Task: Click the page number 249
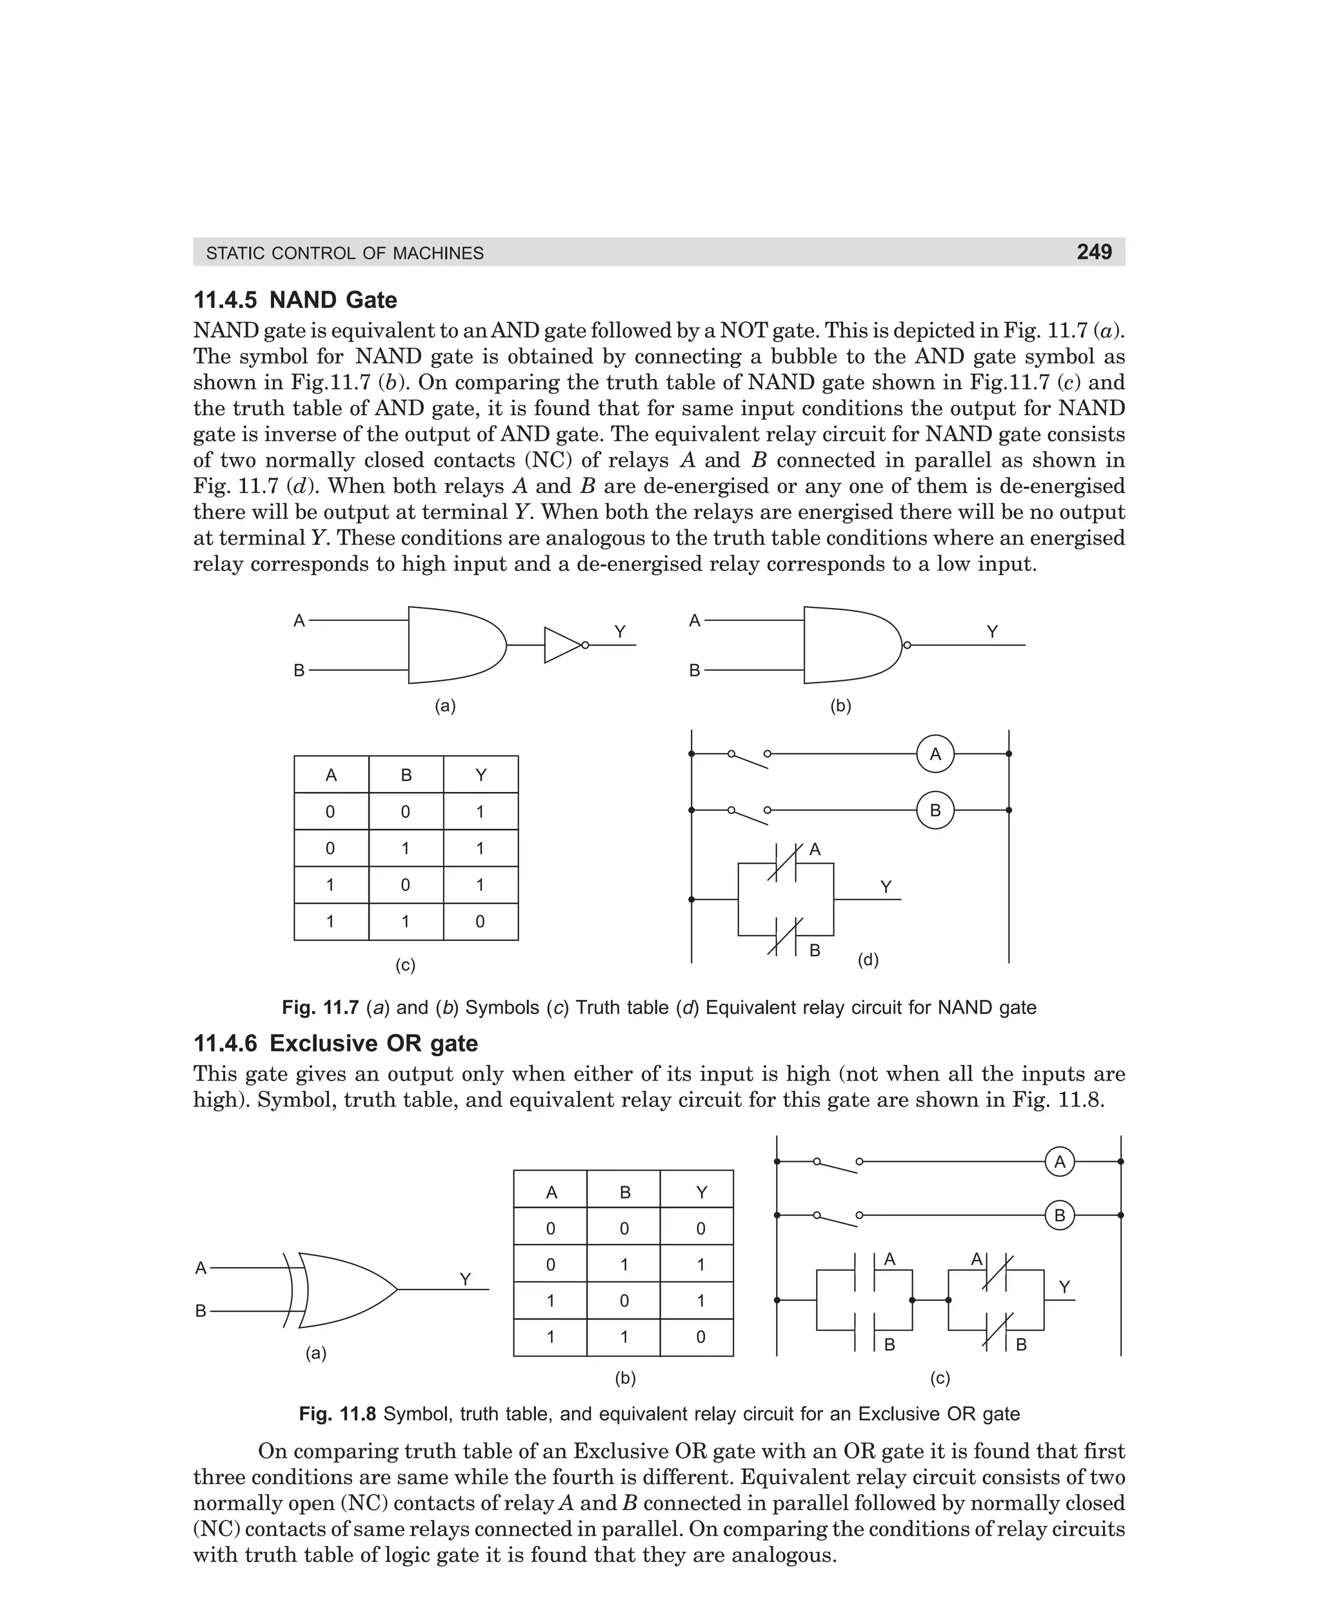click(1093, 252)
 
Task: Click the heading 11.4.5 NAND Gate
click(295, 300)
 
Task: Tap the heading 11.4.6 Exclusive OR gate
click(335, 1043)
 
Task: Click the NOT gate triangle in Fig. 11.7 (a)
click(562, 645)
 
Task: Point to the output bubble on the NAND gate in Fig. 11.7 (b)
click(906, 645)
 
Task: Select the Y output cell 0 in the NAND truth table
click(479, 922)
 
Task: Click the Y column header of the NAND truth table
click(480, 775)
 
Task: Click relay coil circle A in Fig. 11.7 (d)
click(935, 754)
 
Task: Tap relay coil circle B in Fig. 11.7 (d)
click(935, 810)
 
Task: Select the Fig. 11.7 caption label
click(319, 1008)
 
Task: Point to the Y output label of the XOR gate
click(465, 1280)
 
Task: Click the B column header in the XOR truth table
click(625, 1192)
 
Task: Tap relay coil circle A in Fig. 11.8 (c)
click(1059, 1162)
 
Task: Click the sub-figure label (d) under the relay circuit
click(868, 960)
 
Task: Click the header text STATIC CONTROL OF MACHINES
click(344, 253)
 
